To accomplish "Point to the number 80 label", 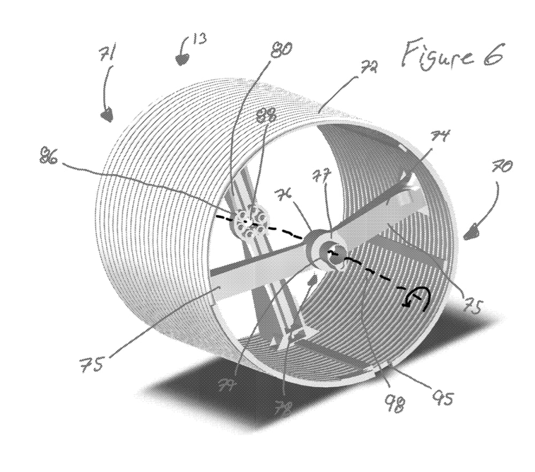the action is (x=280, y=50).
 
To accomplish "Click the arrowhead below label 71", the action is (x=107, y=114).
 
